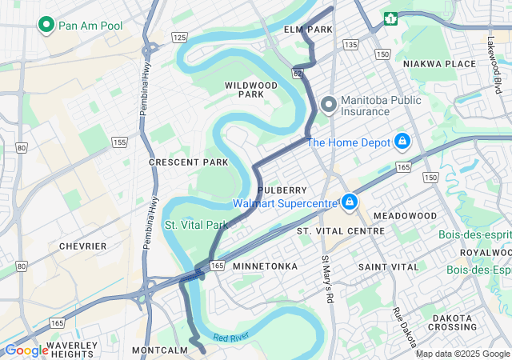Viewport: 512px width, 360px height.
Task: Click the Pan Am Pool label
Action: click(x=90, y=26)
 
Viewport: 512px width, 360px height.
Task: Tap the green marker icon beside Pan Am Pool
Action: click(x=46, y=26)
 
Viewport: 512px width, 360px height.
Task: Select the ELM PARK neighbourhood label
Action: click(x=307, y=30)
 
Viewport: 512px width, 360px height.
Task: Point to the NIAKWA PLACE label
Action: click(x=439, y=64)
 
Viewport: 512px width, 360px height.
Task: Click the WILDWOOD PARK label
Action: click(x=250, y=89)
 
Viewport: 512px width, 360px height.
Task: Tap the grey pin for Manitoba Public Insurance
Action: click(x=328, y=105)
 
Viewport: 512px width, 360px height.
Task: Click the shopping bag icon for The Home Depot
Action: click(x=402, y=142)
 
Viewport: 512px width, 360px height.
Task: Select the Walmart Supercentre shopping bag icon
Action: click(x=349, y=202)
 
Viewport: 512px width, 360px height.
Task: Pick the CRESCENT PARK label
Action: click(x=188, y=162)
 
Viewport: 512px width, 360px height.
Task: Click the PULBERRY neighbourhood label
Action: click(x=282, y=190)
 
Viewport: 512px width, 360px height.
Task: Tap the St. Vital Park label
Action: click(x=196, y=225)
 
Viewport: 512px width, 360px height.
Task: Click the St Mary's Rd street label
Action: click(x=326, y=279)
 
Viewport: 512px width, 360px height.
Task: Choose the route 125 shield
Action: click(x=179, y=38)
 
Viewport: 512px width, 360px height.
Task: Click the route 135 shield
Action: click(x=350, y=45)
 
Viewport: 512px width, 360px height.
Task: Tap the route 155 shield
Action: click(x=120, y=142)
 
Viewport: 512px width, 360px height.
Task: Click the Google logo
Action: click(x=26, y=350)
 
